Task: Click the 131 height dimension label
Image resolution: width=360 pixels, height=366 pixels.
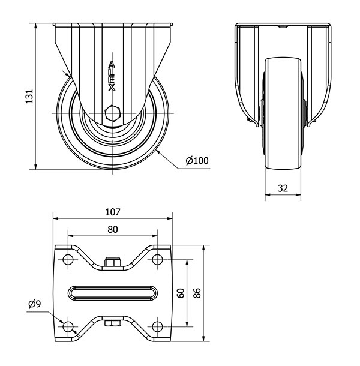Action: (29, 96)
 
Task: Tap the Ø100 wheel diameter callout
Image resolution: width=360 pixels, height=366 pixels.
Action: (197, 161)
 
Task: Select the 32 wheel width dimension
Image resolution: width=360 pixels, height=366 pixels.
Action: (283, 188)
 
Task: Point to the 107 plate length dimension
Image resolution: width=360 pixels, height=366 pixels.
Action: (113, 212)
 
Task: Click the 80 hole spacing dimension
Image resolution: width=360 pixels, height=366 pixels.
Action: (113, 229)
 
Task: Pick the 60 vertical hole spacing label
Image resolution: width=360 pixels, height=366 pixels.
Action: (181, 293)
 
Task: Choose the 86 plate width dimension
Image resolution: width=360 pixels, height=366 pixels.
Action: (197, 293)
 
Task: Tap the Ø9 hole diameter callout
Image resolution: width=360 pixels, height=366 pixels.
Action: (35, 304)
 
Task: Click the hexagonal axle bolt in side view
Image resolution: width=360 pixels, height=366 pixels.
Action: (113, 113)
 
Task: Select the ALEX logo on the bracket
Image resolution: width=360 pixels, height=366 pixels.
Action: (112, 76)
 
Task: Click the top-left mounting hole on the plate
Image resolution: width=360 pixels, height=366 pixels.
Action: (68, 259)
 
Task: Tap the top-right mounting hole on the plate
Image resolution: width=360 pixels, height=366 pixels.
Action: (157, 259)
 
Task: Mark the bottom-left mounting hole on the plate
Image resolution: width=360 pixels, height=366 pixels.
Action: (68, 326)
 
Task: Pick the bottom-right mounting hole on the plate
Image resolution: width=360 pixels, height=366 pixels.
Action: (157, 326)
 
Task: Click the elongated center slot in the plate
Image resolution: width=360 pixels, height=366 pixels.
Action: (113, 293)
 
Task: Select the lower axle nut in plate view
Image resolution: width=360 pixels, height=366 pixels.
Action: (113, 323)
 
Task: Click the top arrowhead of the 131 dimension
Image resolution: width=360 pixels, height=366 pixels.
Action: (35, 26)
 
